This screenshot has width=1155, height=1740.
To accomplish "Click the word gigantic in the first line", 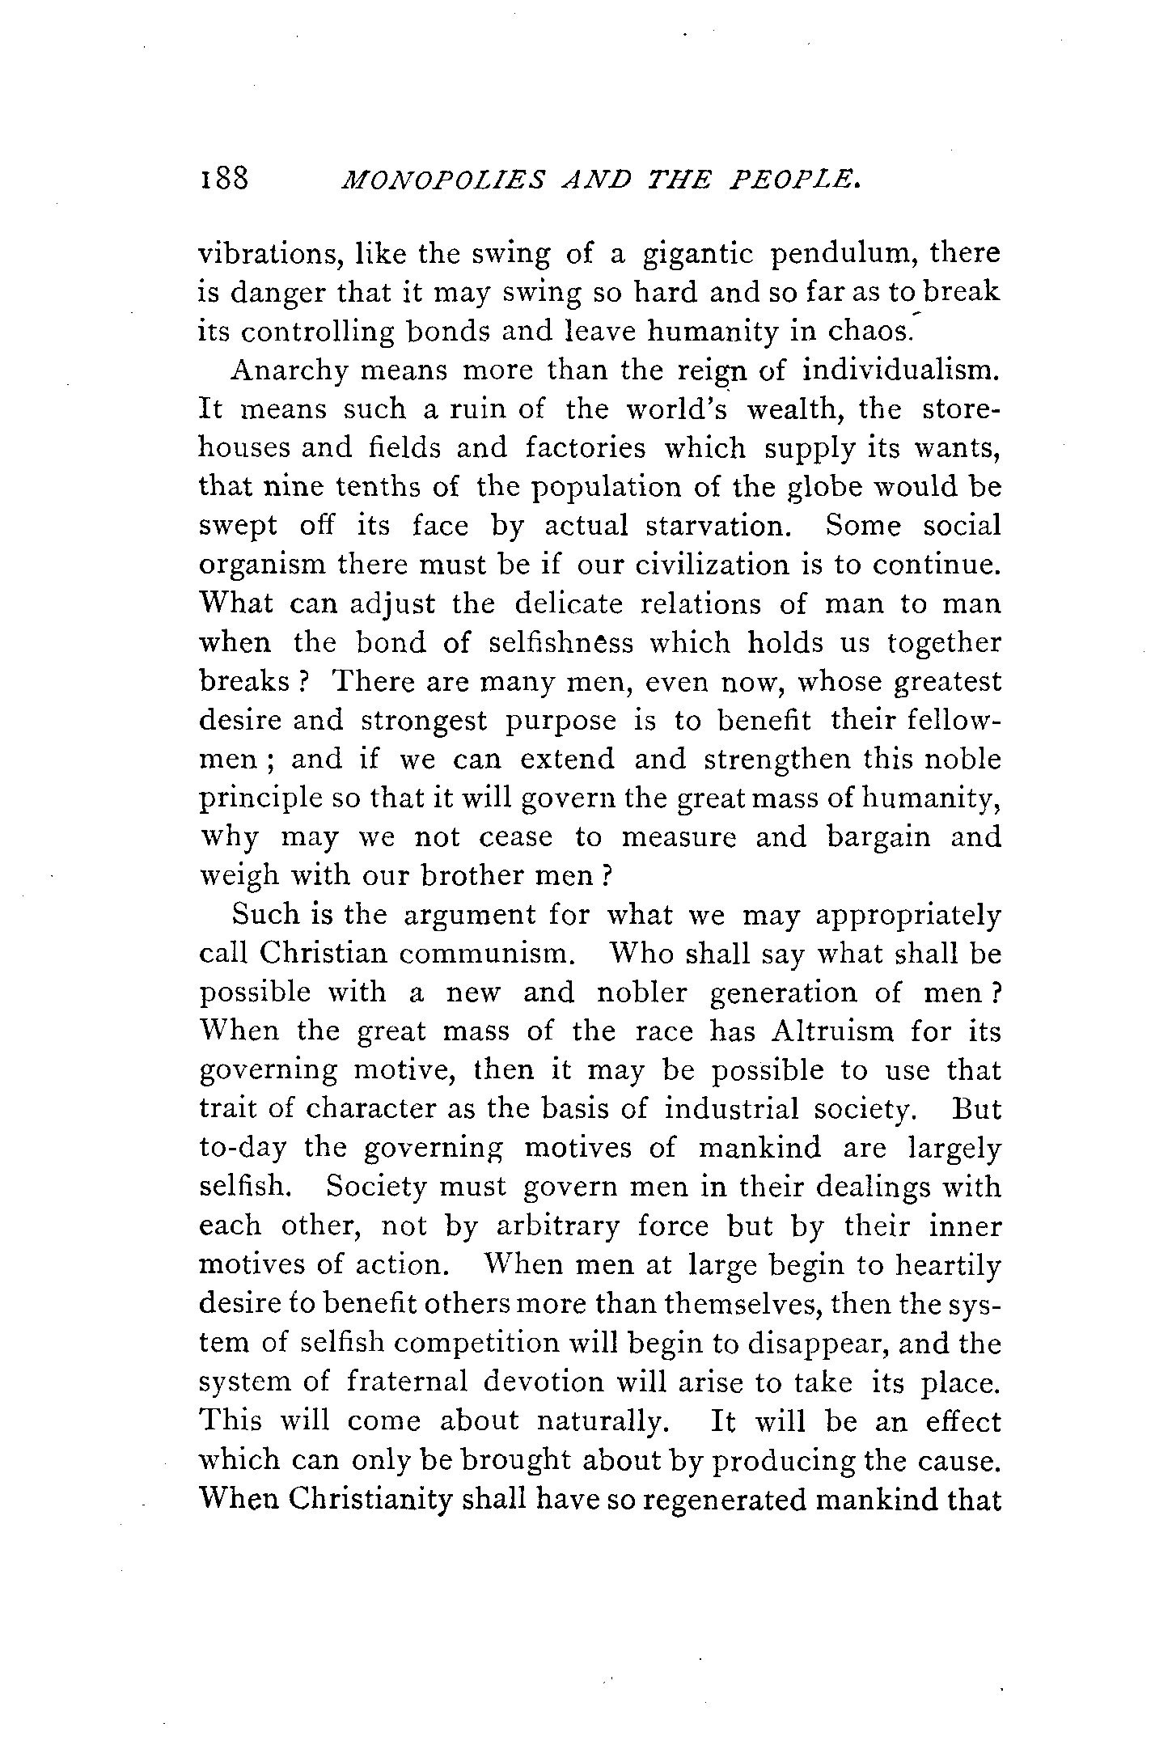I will (x=698, y=256).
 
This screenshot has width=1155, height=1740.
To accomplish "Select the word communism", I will (x=486, y=954).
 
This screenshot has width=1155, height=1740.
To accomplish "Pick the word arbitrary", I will (x=557, y=1226).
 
